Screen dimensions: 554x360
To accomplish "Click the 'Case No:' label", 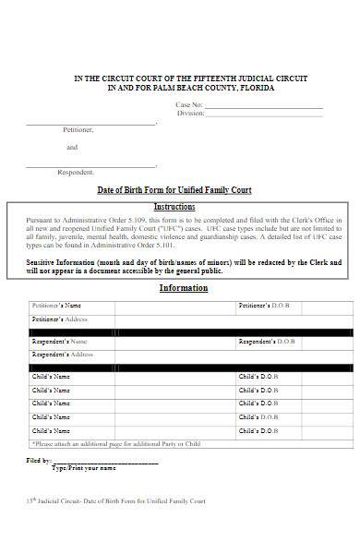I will click(x=188, y=106).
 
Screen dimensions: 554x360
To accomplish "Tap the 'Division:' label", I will click(x=190, y=114).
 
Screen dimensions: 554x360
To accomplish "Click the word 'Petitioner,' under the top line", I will click(x=78, y=130).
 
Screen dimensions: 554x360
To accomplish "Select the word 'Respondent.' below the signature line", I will click(x=76, y=173).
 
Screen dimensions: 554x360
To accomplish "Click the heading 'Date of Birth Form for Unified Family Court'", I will click(x=174, y=190).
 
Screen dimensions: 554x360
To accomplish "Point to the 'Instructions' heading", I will click(x=174, y=207).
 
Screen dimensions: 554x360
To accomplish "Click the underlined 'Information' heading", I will click(x=184, y=288).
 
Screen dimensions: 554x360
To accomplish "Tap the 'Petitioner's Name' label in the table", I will click(x=56, y=306).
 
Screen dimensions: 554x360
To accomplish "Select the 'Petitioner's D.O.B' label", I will click(x=265, y=306).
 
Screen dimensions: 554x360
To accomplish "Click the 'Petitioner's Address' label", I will click(x=60, y=319).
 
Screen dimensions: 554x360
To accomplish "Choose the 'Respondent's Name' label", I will click(x=59, y=342).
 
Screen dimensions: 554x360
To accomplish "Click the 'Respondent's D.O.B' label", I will click(x=267, y=342).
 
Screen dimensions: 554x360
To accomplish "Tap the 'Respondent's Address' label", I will click(x=63, y=355).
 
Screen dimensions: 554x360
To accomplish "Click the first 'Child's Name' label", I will click(x=51, y=378).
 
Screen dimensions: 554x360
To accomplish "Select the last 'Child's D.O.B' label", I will click(x=258, y=430).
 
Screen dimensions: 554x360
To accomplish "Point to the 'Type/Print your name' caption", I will click(x=84, y=468).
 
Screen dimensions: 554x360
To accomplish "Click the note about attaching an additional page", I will click(x=115, y=444).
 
